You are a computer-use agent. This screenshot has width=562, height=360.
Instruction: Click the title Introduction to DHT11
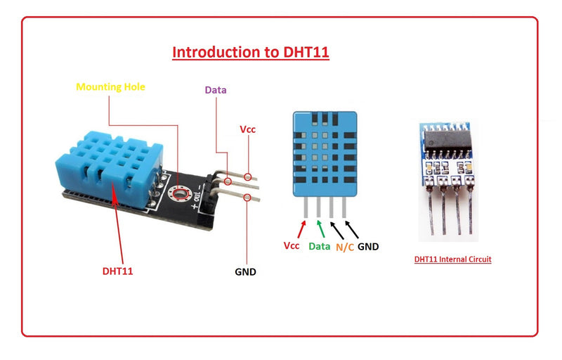point(251,52)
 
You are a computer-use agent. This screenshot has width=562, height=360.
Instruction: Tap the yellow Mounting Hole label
point(110,88)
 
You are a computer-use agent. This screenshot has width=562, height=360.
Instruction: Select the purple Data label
point(216,90)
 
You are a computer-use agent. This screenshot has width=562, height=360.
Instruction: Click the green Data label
point(320,247)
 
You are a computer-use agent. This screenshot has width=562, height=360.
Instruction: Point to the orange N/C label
point(344,247)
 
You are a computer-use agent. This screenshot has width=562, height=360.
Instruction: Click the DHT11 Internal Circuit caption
point(452,259)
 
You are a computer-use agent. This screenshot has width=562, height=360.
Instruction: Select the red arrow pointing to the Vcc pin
point(302,229)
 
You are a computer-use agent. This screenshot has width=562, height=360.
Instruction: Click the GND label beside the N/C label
point(368,247)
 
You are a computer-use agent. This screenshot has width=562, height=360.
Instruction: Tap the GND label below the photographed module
point(245,271)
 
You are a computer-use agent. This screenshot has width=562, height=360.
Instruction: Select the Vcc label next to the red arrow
point(292,247)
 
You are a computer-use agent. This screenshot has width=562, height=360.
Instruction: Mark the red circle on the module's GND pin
point(247,198)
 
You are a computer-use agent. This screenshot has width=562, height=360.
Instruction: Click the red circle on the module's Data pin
point(228,181)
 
